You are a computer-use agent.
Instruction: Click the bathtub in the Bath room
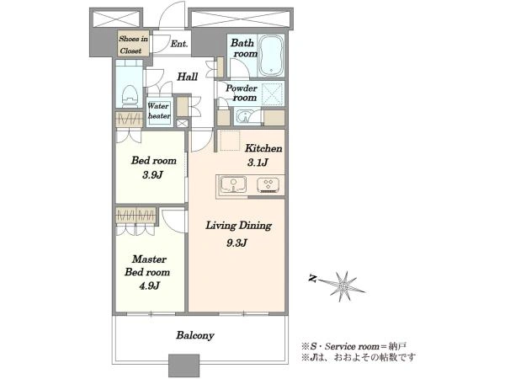(x=272, y=55)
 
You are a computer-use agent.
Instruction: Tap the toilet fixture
(x=130, y=96)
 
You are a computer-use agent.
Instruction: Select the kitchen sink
(x=233, y=184)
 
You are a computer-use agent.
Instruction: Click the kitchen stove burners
(x=268, y=185)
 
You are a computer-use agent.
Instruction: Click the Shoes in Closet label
(x=133, y=45)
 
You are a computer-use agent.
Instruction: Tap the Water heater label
(x=158, y=110)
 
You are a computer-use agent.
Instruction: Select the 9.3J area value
(x=237, y=243)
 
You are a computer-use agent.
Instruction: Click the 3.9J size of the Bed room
(x=152, y=175)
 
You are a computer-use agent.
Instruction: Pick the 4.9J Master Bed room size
(x=149, y=286)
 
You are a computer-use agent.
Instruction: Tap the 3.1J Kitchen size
(x=258, y=163)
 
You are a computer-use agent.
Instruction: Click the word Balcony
(x=195, y=335)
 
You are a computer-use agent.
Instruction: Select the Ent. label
(x=179, y=44)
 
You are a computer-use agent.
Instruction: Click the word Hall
(x=188, y=77)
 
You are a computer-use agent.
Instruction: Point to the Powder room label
(x=242, y=93)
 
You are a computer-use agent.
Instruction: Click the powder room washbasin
(x=246, y=116)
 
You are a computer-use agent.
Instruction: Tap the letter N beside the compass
(x=311, y=278)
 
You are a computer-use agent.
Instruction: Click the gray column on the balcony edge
(x=183, y=366)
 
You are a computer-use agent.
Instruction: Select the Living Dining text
(x=238, y=226)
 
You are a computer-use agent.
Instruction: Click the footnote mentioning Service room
(x=353, y=347)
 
